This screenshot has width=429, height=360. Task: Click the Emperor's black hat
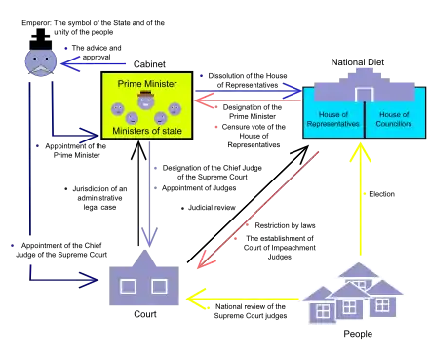[x=41, y=39]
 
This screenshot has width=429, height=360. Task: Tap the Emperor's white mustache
[x=41, y=70]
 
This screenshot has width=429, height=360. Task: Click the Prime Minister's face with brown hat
[x=145, y=100]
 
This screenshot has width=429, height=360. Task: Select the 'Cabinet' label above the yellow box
[x=149, y=64]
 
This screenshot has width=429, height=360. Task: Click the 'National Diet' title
[x=358, y=62]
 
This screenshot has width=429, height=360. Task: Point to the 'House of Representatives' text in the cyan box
[x=333, y=119]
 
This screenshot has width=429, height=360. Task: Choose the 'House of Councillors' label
[x=394, y=119]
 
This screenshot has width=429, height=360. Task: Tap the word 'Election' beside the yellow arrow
[x=382, y=194]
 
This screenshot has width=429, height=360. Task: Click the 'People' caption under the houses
[x=358, y=334]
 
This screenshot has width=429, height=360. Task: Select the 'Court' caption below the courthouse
[x=145, y=314]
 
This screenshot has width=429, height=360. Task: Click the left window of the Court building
[x=128, y=287]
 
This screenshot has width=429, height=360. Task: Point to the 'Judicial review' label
[x=212, y=208]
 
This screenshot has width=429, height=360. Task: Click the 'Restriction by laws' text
[x=285, y=225]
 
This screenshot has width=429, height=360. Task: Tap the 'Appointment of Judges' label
[x=199, y=188]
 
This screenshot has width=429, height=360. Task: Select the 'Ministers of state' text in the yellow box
[x=147, y=131]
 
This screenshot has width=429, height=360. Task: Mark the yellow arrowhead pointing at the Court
[x=195, y=299]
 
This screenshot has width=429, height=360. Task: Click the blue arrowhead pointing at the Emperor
[x=69, y=63]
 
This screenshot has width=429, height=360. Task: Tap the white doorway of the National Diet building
[x=364, y=95]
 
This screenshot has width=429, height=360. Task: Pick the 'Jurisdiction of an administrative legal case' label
[x=99, y=198]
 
